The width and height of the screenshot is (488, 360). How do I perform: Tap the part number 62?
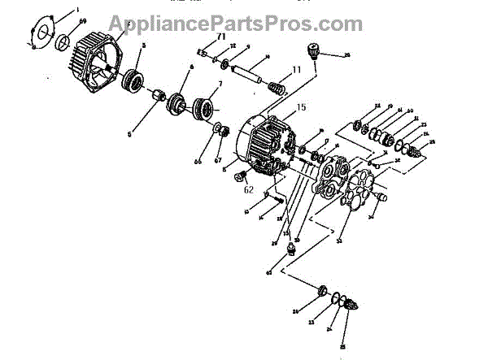pos(249,189)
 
